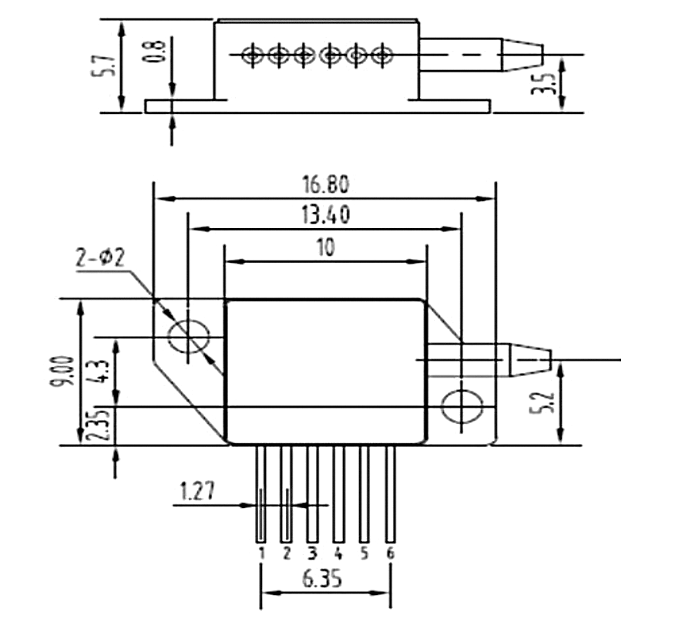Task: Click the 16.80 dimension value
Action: point(325,184)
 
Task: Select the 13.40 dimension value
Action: point(325,215)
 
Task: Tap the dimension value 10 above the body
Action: point(325,247)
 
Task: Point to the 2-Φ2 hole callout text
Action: point(100,257)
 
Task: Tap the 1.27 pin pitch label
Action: point(197,492)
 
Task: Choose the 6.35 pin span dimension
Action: point(322,579)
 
